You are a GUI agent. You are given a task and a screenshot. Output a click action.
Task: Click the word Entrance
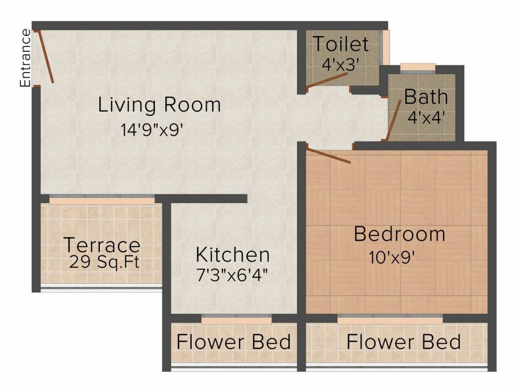click(x=25, y=58)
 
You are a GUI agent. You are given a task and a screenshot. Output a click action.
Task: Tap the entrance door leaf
click(x=46, y=57)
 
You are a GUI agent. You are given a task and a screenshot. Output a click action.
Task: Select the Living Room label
click(x=159, y=105)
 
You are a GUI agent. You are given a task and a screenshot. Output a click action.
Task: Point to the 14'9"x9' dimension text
click(x=152, y=129)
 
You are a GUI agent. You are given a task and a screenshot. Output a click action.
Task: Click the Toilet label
click(x=341, y=44)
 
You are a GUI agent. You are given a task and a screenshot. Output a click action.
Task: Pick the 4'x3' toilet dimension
click(x=341, y=64)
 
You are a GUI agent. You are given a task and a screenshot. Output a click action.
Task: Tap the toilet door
click(x=327, y=81)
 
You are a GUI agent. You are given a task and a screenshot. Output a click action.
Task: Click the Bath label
click(x=426, y=96)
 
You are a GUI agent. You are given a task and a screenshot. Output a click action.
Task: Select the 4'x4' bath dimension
click(x=427, y=117)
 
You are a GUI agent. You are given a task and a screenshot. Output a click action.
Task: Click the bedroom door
click(x=329, y=156)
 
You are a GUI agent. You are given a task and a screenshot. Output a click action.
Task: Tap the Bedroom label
click(x=399, y=234)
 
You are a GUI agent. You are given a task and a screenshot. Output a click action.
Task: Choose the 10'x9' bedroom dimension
click(x=392, y=257)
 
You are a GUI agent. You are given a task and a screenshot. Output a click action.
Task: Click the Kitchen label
click(x=233, y=255)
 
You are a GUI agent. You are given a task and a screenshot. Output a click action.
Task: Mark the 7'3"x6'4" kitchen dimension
click(x=232, y=275)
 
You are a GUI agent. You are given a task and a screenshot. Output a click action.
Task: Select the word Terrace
click(x=102, y=245)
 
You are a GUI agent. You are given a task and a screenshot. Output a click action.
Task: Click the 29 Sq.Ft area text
click(x=104, y=262)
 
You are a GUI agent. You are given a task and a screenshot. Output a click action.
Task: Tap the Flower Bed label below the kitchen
click(x=234, y=342)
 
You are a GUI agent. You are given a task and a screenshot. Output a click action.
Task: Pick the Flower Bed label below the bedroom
click(x=404, y=342)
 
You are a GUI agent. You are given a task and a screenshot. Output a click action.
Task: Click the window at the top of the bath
click(x=417, y=68)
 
